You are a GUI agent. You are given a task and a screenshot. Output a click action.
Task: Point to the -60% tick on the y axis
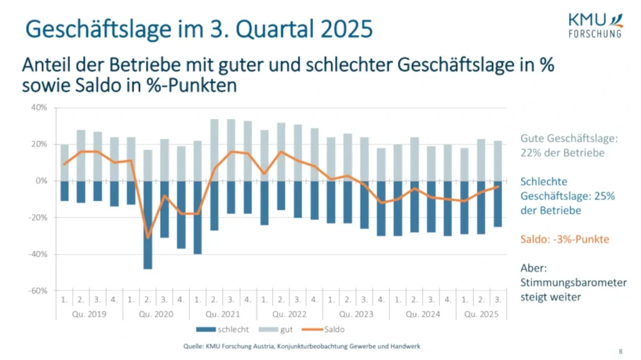click(x=39, y=291)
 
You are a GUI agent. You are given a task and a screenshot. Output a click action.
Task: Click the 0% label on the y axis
click(x=42, y=181)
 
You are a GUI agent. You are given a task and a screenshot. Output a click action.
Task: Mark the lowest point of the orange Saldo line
click(x=148, y=237)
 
